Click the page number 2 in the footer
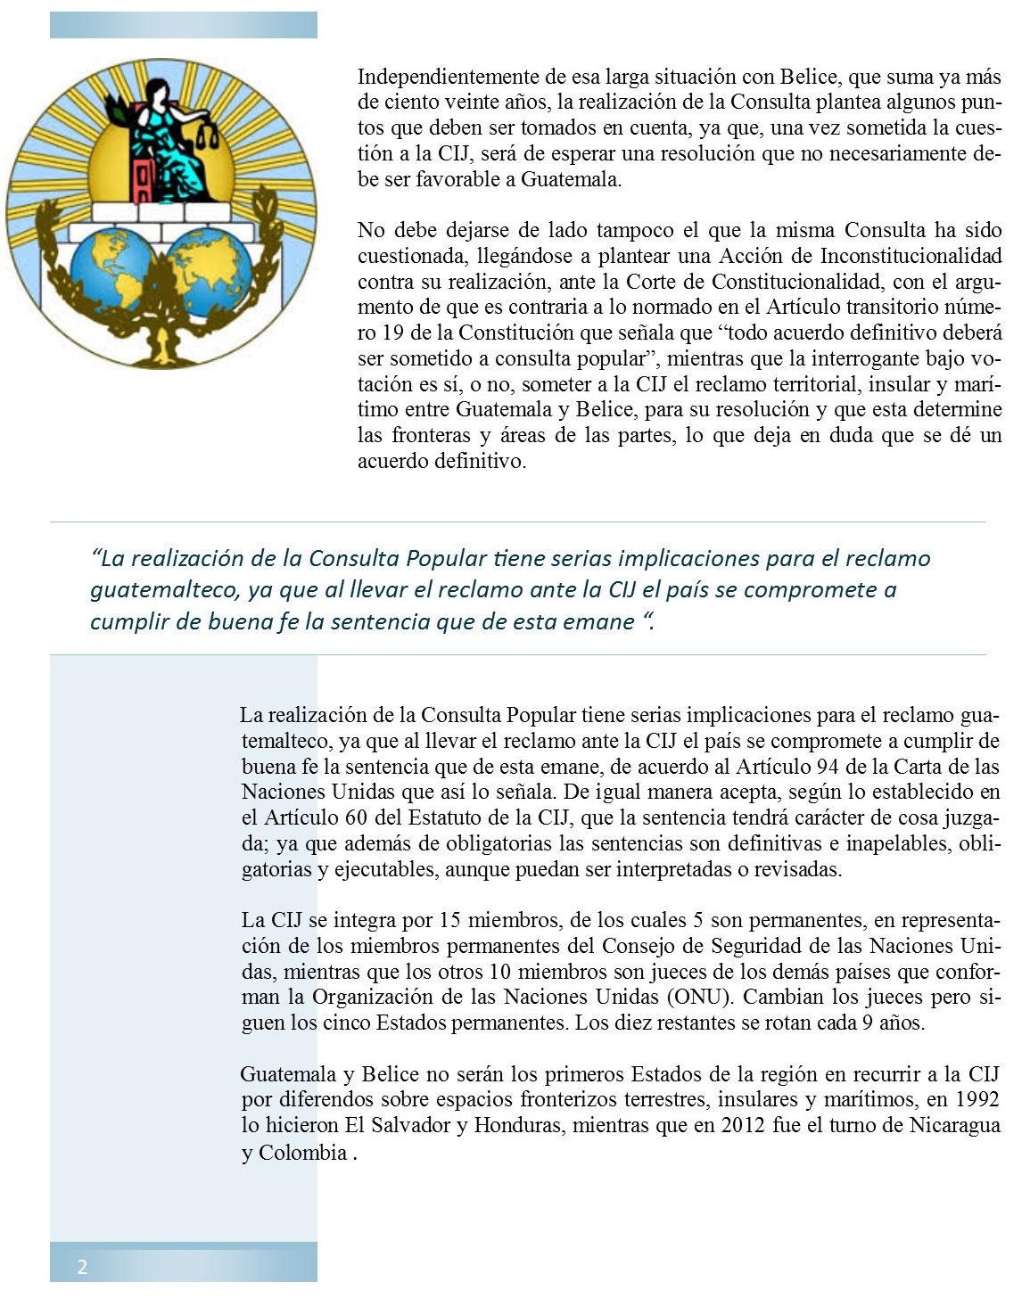point(82,1267)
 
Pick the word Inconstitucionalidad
point(911,257)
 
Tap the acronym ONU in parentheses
point(704,998)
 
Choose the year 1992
point(976,1100)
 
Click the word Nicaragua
point(954,1126)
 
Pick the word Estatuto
point(447,817)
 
